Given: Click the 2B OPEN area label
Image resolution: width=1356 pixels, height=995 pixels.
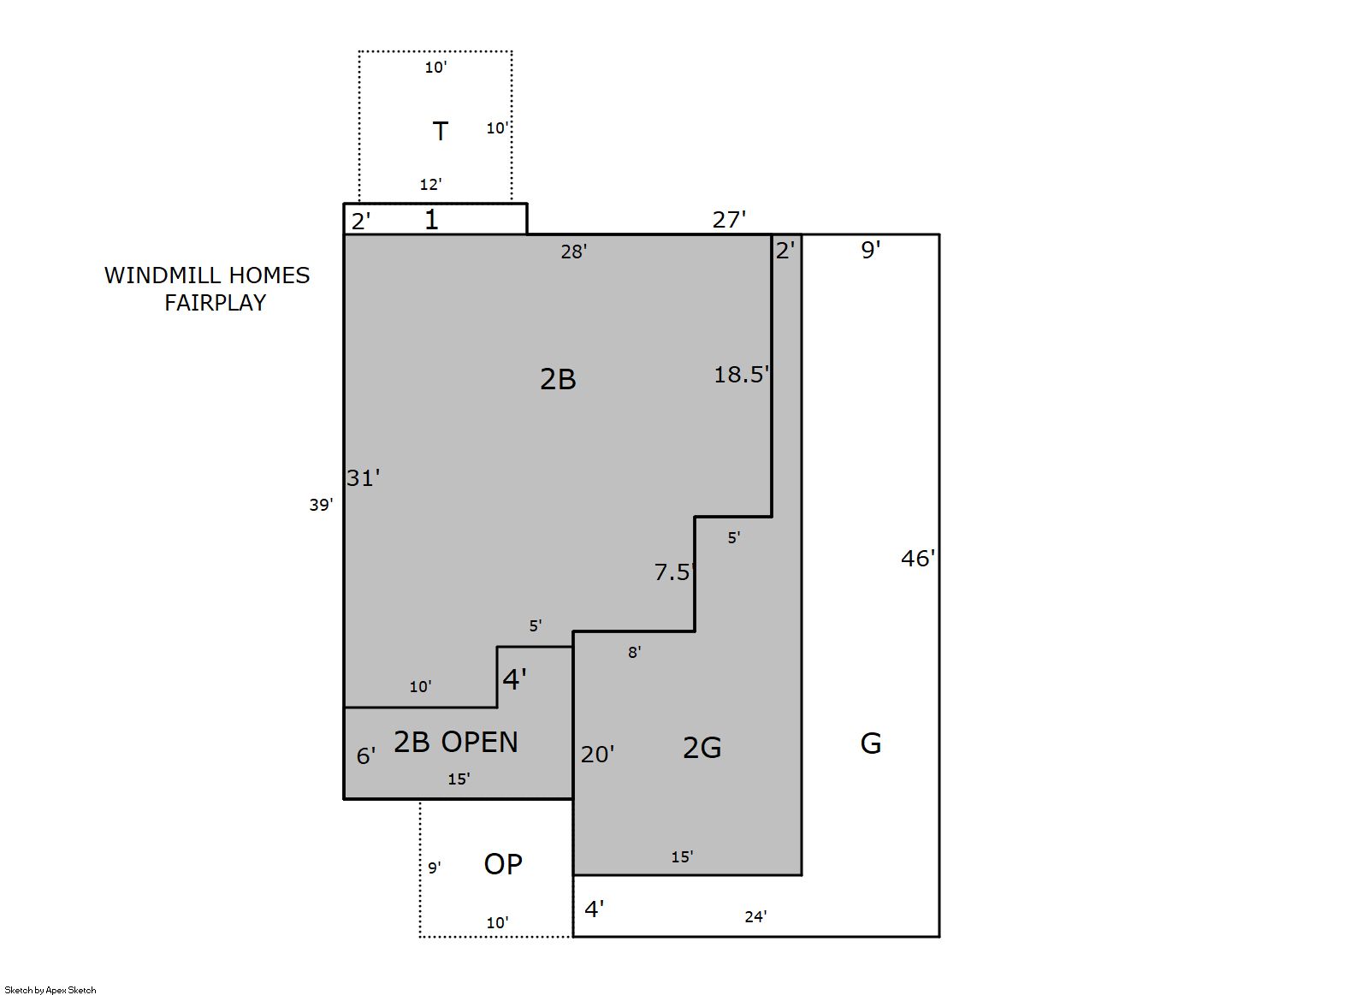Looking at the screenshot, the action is tap(456, 742).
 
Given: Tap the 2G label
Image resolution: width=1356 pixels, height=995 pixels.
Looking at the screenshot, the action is tap(702, 748).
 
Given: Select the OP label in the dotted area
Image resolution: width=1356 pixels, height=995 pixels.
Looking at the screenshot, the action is tap(503, 863).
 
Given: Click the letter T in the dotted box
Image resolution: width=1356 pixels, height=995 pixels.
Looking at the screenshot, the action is tap(440, 131).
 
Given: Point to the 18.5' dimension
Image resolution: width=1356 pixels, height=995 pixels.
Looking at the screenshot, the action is tap(742, 374).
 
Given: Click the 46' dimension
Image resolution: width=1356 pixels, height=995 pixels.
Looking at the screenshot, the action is tap(918, 558).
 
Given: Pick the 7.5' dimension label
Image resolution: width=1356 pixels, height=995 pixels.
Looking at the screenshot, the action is tap(673, 572).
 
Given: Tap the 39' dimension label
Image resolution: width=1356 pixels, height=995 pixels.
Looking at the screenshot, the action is tap(321, 504).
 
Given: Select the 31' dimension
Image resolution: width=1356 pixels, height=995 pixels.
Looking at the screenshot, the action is tap(364, 477).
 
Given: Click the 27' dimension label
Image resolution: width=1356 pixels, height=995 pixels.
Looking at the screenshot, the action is tap(729, 219).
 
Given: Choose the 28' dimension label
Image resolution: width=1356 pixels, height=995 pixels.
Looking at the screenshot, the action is tap(574, 252).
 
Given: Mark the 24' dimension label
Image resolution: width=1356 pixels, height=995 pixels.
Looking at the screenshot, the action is tap(755, 916).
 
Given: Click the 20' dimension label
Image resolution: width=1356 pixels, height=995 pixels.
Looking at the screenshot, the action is tap(597, 754).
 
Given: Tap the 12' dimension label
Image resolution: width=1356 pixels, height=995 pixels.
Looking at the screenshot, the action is tap(431, 184).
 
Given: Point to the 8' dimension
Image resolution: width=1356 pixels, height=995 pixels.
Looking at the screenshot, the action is tap(635, 652).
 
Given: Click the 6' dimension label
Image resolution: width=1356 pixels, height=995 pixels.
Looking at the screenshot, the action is tap(365, 755).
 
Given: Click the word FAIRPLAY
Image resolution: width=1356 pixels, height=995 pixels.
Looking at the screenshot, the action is tap(216, 303).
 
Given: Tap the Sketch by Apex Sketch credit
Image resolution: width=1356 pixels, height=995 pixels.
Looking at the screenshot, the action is tap(50, 990).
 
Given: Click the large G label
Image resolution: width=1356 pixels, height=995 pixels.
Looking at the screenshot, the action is tap(871, 743).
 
